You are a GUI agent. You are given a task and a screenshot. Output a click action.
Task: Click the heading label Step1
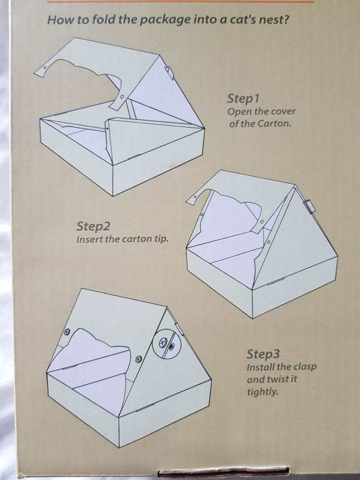pyautogui.click(x=243, y=98)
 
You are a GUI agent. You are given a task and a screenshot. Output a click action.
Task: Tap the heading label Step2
pyautogui.click(x=93, y=226)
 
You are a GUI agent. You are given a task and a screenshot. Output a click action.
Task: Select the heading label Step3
pyautogui.click(x=263, y=354)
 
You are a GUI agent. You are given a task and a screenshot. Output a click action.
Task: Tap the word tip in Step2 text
pyautogui.click(x=162, y=239)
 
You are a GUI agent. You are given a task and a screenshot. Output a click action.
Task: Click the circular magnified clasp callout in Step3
pyautogui.click(x=166, y=343)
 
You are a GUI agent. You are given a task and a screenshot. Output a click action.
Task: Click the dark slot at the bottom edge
pyautogui.click(x=223, y=472)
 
